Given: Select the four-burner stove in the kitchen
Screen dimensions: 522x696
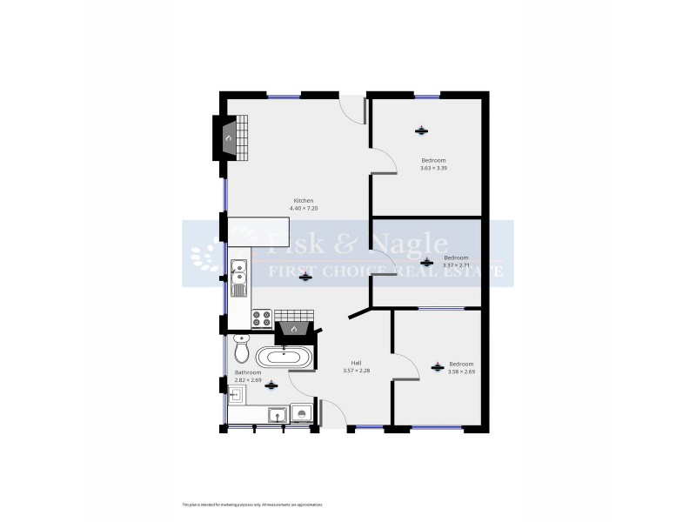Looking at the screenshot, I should pos(261,318).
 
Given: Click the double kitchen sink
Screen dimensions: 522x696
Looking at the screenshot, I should pos(239,272).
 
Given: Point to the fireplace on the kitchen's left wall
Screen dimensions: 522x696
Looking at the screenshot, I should pos(228,137).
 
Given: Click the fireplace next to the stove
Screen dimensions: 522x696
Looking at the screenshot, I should pos(294,330).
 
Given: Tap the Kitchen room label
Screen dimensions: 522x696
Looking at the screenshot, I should pos(303,201).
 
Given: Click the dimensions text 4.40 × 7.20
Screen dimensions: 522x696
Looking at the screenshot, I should pos(303,209).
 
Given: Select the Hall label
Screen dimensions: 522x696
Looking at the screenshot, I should pos(356,363).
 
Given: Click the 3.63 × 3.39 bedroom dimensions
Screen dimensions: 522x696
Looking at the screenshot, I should pos(433,167).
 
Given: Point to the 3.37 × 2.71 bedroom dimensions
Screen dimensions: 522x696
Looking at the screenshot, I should pos(456,265).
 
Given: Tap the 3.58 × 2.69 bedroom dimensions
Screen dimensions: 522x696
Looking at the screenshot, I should pos(461,371).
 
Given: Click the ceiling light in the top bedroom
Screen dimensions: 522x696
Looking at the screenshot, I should pos(421,131).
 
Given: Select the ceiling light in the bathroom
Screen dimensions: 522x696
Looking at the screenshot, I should pos(271,385).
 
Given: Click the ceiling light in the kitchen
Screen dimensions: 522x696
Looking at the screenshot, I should pos(304,278).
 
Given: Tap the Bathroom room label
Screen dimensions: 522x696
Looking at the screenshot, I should pos(248,372).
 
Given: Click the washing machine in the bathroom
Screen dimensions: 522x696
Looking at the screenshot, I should pos(301,415).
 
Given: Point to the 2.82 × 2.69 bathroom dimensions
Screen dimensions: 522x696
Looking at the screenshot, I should pos(248,380).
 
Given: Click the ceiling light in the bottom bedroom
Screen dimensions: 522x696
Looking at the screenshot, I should pos(437,367).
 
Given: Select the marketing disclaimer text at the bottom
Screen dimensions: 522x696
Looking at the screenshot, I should pos(252,505).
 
